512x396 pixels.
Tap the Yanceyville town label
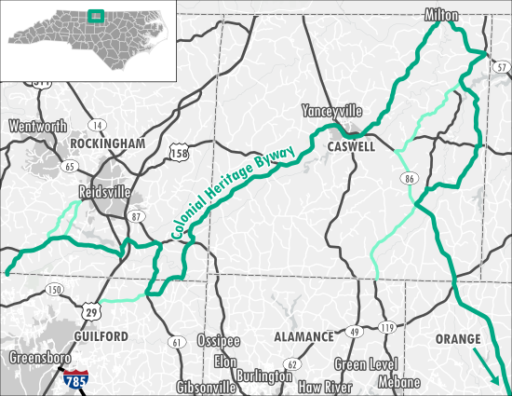pyautogui.click(x=330, y=111)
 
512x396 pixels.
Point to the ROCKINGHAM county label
pyautogui.click(x=107, y=143)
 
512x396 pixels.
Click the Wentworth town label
pyautogui.click(x=38, y=126)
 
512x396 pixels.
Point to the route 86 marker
pyautogui.click(x=410, y=178)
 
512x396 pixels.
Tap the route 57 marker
pyautogui.click(x=501, y=68)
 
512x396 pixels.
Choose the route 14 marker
pyautogui.click(x=96, y=124)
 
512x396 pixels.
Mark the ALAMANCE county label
pyautogui.click(x=303, y=336)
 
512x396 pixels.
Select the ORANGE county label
pyautogui.click(x=457, y=338)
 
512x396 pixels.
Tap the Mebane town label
pyautogui.click(x=400, y=382)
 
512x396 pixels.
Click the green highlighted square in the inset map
pyautogui.click(x=93, y=16)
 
